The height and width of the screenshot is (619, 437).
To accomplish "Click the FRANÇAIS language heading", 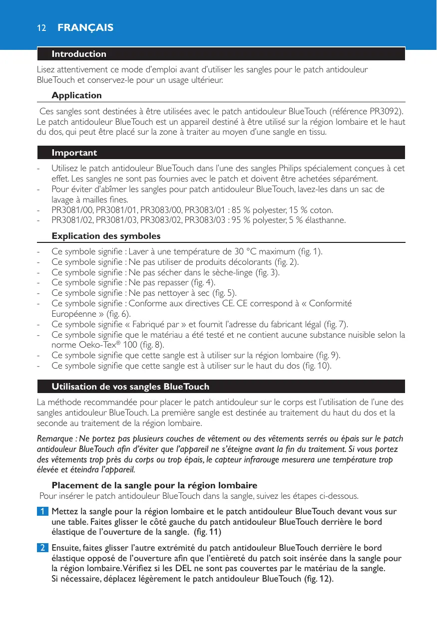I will pyautogui.click(x=85, y=27).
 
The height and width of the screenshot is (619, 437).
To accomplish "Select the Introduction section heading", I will pyautogui.click(x=79, y=54).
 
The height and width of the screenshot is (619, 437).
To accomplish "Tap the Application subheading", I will pyautogui.click(x=76, y=95).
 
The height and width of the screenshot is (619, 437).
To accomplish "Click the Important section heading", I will pyautogui.click(x=74, y=153).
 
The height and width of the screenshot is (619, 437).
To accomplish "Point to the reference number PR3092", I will pyautogui.click(x=386, y=110).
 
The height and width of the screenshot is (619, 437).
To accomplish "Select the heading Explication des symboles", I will pyautogui.click(x=106, y=235).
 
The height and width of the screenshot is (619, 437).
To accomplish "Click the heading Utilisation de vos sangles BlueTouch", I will pyautogui.click(x=130, y=387).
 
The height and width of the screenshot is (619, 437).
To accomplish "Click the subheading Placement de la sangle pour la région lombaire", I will pyautogui.click(x=154, y=485).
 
